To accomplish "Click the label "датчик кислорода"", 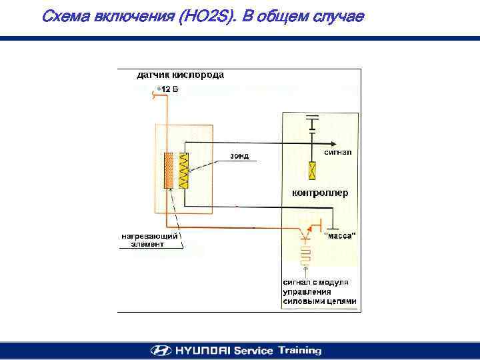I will click(180, 75).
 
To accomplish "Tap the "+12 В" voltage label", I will click(167, 89).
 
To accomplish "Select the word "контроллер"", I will click(320, 193).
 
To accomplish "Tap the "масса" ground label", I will click(339, 235).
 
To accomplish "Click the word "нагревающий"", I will click(149, 236).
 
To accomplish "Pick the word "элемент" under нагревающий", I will click(151, 244).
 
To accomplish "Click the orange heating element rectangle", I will click(169, 170).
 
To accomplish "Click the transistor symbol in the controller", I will click(306, 234).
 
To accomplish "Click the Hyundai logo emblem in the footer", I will click(161, 351).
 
